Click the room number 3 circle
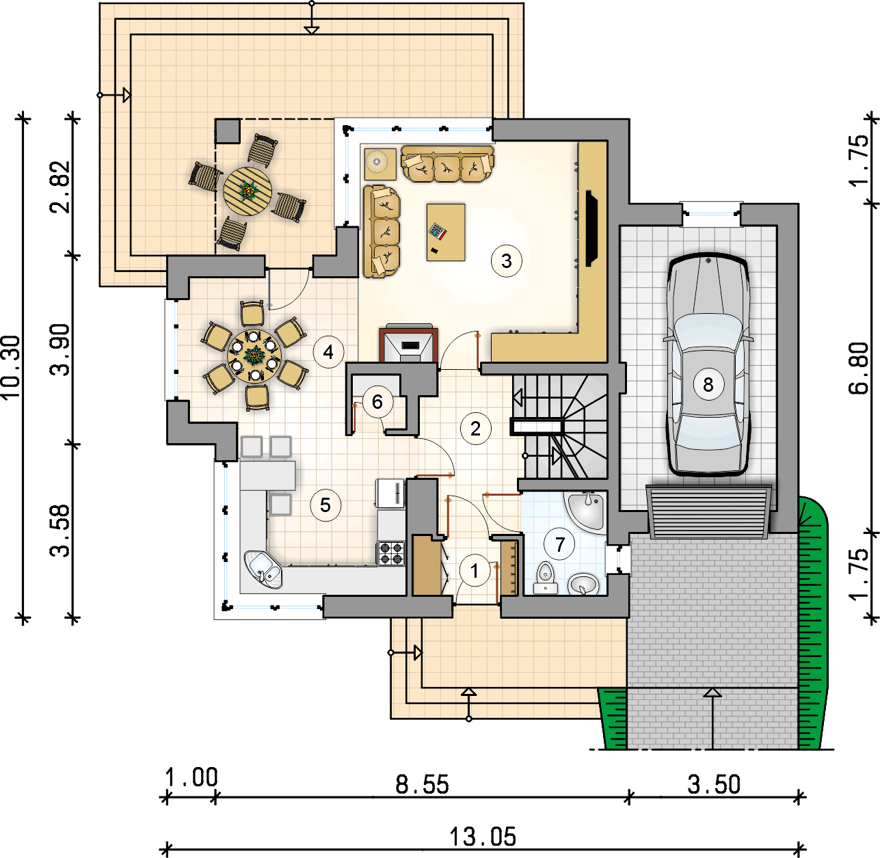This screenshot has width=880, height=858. [506, 260]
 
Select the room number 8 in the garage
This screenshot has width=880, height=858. [708, 384]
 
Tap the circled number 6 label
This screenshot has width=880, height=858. [377, 401]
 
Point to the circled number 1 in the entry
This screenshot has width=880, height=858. [475, 570]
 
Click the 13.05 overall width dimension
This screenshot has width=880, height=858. [482, 835]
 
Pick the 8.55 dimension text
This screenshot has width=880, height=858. [422, 784]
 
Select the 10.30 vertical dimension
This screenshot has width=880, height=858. [12, 367]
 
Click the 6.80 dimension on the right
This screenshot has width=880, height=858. [859, 368]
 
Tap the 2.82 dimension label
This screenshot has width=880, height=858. [60, 187]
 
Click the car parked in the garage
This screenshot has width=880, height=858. [708, 366]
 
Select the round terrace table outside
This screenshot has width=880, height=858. [248, 192]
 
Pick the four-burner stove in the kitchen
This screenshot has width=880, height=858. [391, 552]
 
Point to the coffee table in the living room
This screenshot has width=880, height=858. [446, 232]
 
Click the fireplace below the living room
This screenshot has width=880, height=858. [409, 343]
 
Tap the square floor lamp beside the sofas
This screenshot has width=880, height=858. [379, 163]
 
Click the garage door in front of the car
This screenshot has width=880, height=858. [708, 512]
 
